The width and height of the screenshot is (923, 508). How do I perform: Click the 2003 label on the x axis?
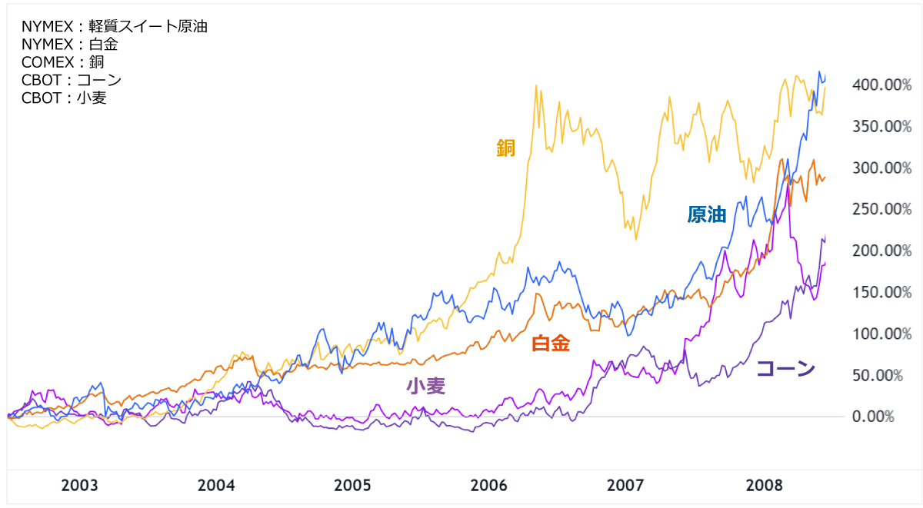[79, 486]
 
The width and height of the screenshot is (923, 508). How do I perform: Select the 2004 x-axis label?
[216, 486]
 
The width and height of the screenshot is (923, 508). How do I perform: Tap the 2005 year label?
[353, 486]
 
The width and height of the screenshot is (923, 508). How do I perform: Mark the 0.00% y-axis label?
[873, 417]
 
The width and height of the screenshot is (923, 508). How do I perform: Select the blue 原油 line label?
[707, 215]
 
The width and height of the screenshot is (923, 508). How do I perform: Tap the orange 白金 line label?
[551, 344]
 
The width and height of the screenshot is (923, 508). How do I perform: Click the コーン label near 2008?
[785, 369]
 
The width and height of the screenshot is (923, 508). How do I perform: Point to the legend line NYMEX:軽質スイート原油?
[115, 27]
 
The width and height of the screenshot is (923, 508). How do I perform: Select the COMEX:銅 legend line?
[62, 62]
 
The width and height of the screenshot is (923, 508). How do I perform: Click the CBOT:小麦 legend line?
[64, 98]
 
